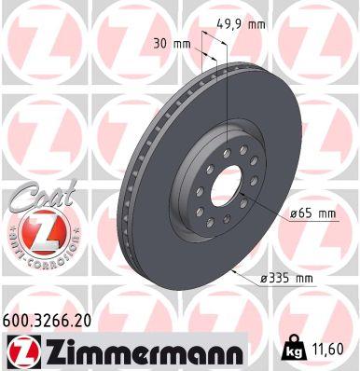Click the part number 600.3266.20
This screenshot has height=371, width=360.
click(49, 319)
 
